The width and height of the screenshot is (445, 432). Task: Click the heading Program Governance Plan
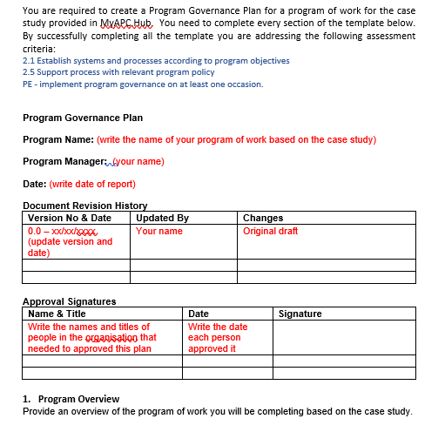coord(83,118)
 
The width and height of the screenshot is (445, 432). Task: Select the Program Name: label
coord(58,139)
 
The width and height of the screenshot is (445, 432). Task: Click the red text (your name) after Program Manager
coord(138,161)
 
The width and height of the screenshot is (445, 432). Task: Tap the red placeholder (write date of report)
coord(92,184)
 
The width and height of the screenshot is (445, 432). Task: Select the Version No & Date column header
coord(70,218)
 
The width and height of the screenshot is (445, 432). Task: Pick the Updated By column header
coord(163,218)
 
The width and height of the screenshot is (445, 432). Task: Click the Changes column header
coord(263,218)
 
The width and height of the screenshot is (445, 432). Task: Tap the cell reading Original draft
coord(271,231)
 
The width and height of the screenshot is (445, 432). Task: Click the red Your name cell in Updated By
coord(159,231)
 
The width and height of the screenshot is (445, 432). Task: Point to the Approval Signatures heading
coord(69,301)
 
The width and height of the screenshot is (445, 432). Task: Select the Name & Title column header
coord(57,314)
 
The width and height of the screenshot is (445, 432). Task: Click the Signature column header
coord(300,314)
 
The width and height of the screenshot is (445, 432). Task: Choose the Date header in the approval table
coord(199,314)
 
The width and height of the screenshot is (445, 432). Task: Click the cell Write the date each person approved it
coord(218,338)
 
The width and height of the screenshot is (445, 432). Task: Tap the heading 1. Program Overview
coord(71,399)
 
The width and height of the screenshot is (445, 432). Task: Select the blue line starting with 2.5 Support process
coord(131,72)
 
